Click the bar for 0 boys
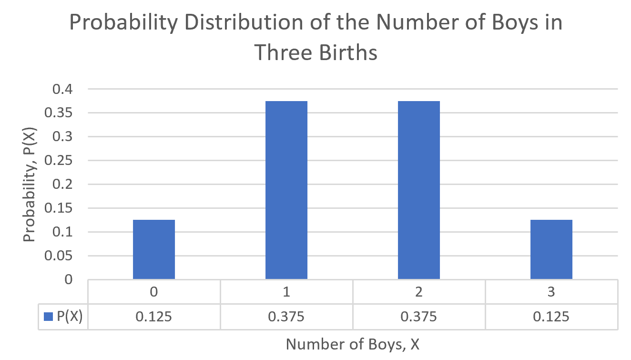153,249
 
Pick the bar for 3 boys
551,249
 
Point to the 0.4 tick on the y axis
63,89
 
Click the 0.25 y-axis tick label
59,161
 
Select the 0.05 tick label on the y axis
59,256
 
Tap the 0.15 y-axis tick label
59,208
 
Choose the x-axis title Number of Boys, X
353,344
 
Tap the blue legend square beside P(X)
48,317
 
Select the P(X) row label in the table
70,317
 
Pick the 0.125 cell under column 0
153,317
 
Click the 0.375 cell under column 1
286,317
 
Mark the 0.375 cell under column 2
418,317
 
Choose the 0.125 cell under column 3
551,317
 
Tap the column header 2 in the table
418,292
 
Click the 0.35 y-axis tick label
59,113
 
